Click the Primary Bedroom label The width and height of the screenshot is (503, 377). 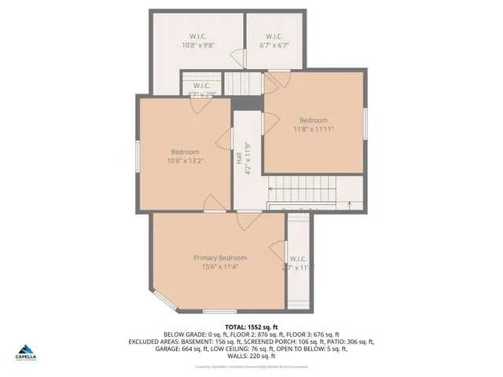tap(220, 258)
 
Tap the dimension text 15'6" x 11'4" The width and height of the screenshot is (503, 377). tap(220, 267)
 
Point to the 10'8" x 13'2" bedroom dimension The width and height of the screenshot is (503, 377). tap(185, 161)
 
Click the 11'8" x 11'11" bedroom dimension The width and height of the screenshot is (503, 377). tap(314, 129)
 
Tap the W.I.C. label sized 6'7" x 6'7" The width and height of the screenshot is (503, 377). tap(274, 37)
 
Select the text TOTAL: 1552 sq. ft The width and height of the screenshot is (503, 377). tap(251, 327)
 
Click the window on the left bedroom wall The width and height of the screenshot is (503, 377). tap(138, 156)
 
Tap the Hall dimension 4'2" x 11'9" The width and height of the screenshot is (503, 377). tap(248, 158)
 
